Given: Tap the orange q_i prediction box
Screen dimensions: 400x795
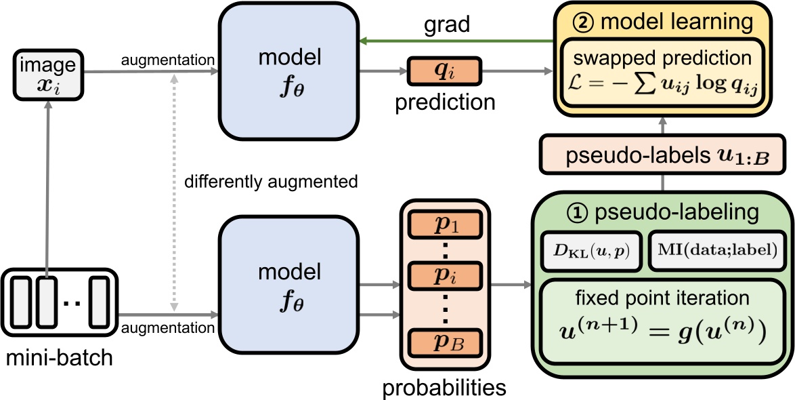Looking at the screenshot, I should pos(443,71).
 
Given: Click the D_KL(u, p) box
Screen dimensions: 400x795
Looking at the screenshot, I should pos(590,250).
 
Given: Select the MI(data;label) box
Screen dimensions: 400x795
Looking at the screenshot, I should pos(721,250).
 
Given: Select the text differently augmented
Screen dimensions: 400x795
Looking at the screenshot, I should pos(271,182).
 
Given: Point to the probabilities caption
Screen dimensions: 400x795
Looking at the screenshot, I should pos(444,387).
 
